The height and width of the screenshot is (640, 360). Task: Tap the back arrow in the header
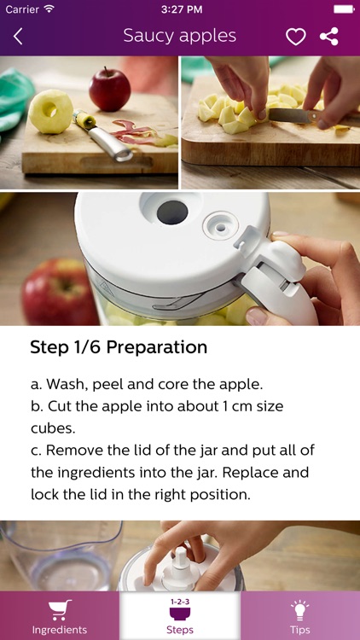click(18, 37)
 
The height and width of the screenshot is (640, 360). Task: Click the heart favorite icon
click(295, 37)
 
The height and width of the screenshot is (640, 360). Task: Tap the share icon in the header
click(328, 37)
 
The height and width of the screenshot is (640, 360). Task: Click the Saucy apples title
click(179, 36)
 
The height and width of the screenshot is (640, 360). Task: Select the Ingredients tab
click(60, 617)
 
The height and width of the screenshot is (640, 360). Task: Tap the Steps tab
click(180, 617)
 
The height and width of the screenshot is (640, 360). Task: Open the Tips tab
click(299, 617)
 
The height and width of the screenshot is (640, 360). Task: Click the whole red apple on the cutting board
click(110, 90)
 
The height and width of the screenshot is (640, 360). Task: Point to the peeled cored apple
click(51, 112)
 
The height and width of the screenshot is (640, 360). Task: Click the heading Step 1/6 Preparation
click(119, 347)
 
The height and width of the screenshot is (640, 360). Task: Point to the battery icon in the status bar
click(343, 9)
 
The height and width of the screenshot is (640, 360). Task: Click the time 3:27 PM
click(179, 9)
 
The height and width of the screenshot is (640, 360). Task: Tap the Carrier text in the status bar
click(22, 9)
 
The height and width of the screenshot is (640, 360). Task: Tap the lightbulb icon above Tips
click(299, 609)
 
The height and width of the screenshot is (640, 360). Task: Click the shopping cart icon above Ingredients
click(60, 609)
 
